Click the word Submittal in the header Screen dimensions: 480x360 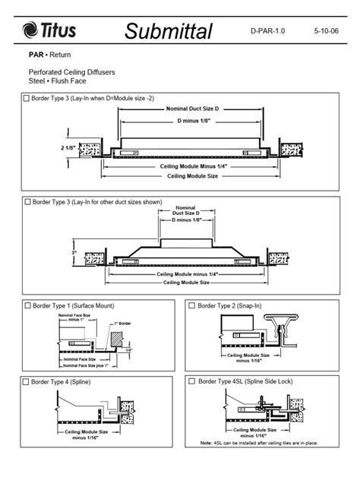169,31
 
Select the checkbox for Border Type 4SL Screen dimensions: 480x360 191,381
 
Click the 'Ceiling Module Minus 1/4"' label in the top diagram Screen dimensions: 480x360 193,166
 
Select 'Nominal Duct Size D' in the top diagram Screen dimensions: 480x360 192,109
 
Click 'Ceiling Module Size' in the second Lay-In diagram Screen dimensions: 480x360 186,283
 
